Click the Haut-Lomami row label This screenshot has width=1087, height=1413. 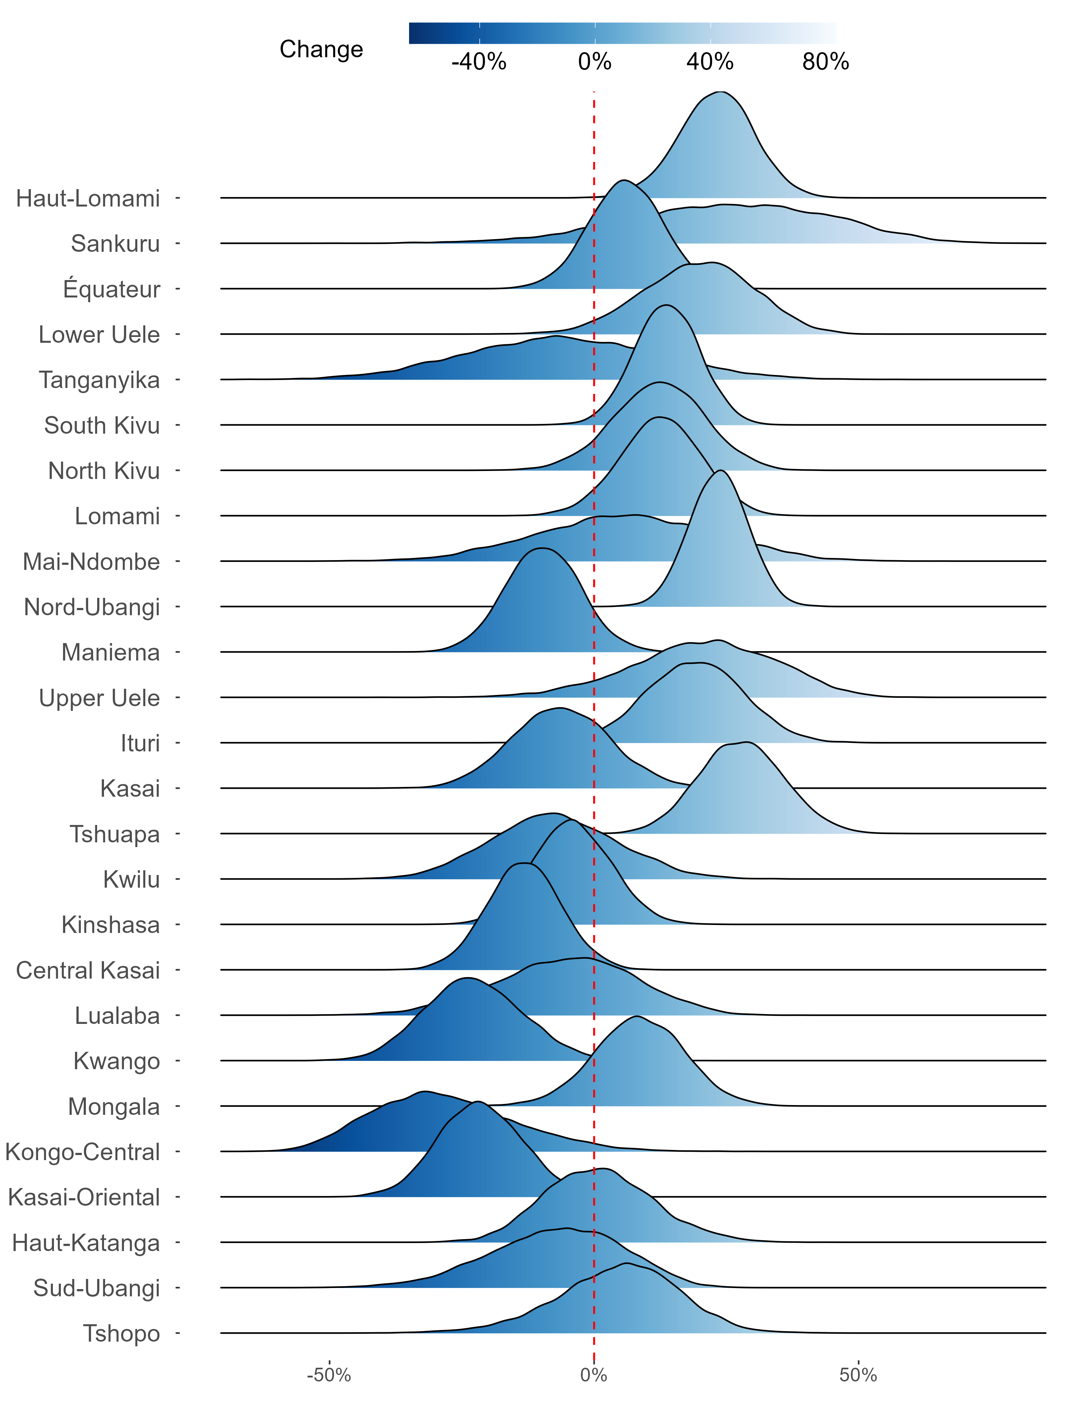(x=88, y=199)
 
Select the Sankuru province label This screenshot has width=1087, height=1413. (x=115, y=244)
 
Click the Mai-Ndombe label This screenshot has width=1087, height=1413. (x=91, y=562)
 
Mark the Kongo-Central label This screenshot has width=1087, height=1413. (x=82, y=1152)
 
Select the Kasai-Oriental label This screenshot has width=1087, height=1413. (x=83, y=1197)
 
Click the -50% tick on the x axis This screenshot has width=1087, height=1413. (x=329, y=1375)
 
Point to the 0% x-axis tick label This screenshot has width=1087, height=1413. (x=594, y=1375)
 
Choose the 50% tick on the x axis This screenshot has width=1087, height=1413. (x=858, y=1375)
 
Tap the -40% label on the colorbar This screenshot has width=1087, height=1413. (x=479, y=62)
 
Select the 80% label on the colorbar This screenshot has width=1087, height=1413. (x=826, y=62)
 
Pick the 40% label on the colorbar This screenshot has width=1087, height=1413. (x=710, y=62)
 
